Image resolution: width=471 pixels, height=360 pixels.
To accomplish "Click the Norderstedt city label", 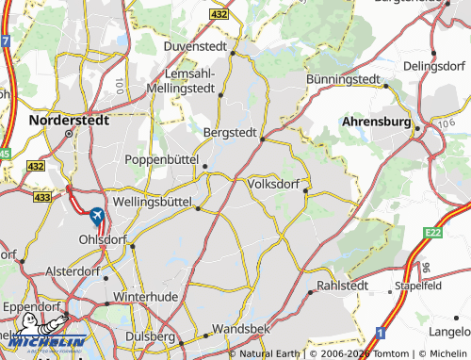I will click(x=69, y=121).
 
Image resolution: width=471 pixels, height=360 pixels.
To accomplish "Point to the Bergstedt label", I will click(x=231, y=133).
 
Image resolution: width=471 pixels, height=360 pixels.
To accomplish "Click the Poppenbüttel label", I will click(x=165, y=159).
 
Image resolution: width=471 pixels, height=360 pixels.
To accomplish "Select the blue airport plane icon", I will click(x=97, y=216).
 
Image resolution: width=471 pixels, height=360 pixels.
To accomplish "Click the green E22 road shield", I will click(x=433, y=232).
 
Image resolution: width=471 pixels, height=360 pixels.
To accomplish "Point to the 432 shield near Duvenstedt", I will click(x=219, y=15).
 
